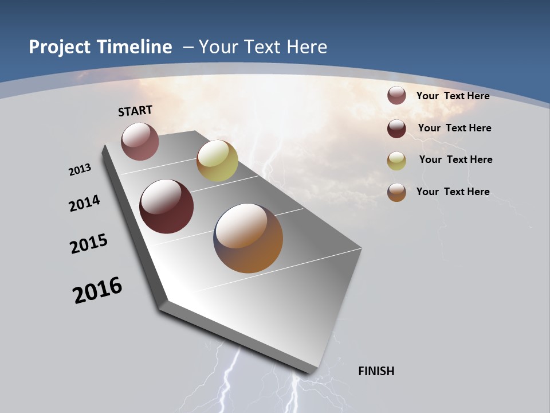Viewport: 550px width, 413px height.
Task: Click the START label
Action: (x=135, y=111)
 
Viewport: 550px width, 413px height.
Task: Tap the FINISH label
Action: (x=376, y=371)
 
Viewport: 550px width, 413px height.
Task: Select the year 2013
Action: (x=80, y=170)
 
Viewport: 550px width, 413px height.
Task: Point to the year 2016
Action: (x=97, y=290)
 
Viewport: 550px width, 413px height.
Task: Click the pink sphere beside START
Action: (x=140, y=141)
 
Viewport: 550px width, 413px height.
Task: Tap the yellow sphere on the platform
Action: (x=217, y=161)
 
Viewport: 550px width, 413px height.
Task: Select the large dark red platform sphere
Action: (x=166, y=206)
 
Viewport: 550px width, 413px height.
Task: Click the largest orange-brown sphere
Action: (x=248, y=238)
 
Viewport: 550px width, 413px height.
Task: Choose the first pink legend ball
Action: (x=396, y=96)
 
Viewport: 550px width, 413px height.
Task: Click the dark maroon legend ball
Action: (x=396, y=128)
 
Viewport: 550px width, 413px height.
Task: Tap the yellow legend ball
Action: (x=396, y=161)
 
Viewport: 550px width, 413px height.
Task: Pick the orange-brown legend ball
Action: (x=396, y=192)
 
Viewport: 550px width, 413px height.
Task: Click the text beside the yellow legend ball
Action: (x=455, y=159)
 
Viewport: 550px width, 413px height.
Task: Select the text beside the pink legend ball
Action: (x=453, y=96)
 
